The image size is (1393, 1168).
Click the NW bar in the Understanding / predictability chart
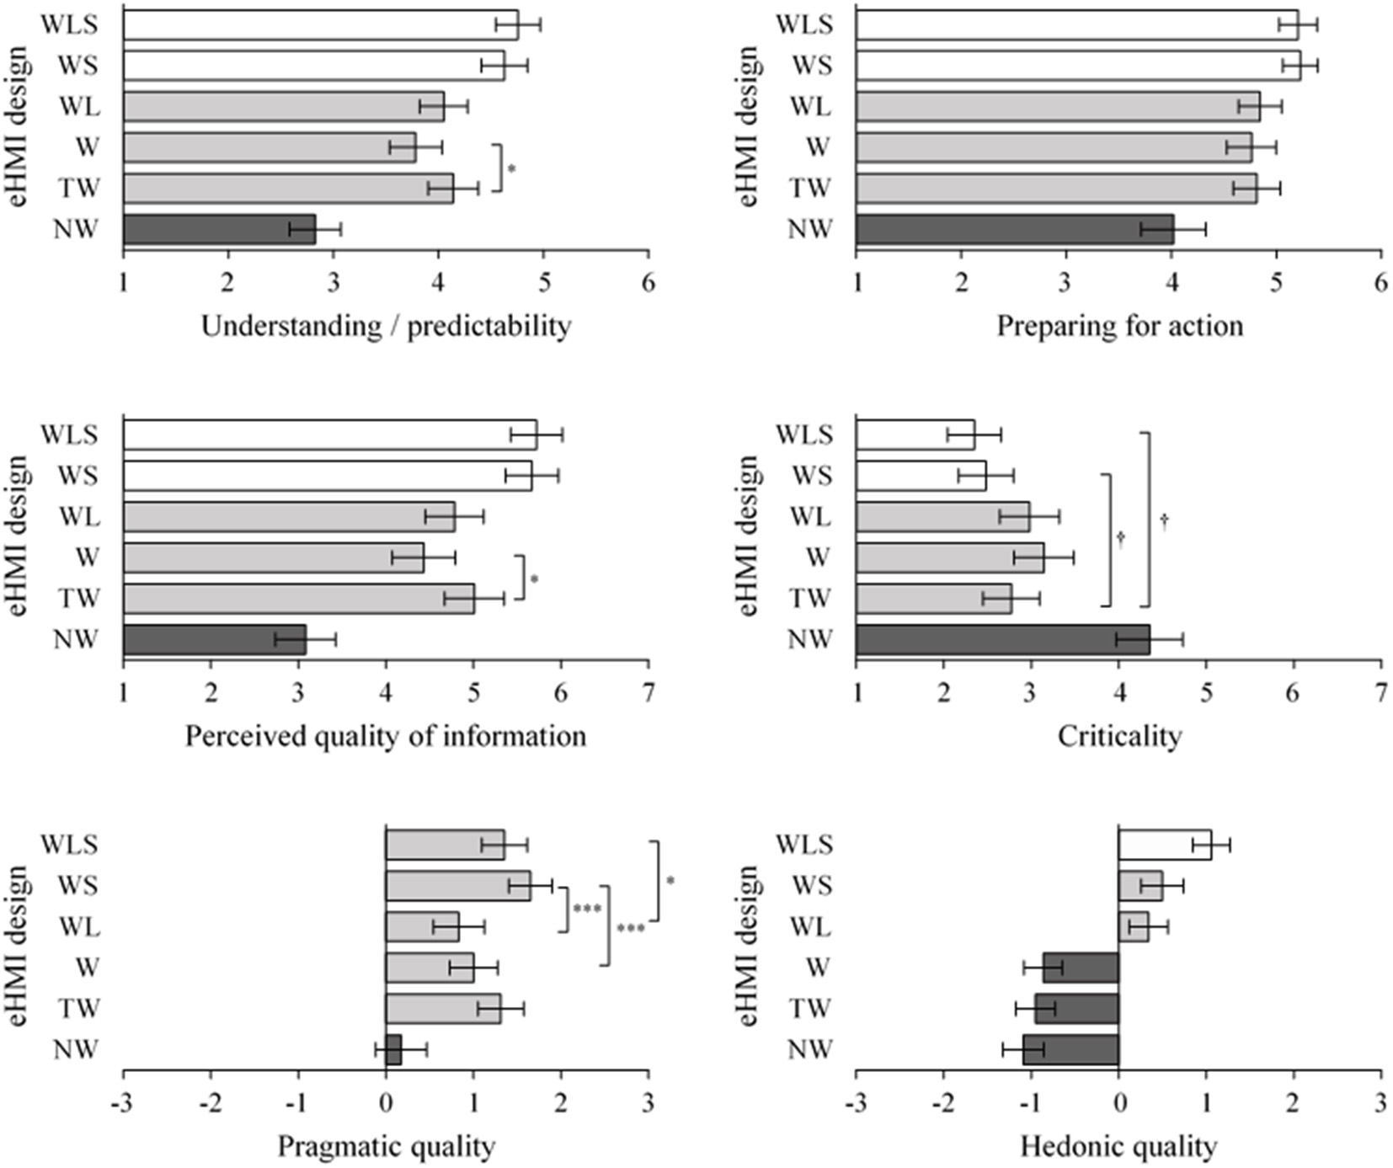pyautogui.click(x=219, y=229)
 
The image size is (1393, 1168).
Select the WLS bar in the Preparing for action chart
pyautogui.click(x=1076, y=24)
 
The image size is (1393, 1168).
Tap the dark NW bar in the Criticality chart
pyautogui.click(x=1002, y=639)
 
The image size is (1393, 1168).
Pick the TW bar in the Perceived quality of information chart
pyautogui.click(x=298, y=599)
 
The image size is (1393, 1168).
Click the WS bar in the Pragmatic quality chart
pyautogui.click(x=457, y=886)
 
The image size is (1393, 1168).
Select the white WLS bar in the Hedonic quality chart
pyautogui.click(x=1165, y=845)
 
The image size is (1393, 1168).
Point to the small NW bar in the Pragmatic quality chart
pyautogui.click(x=394, y=1050)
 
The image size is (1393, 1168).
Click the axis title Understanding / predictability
pyautogui.click(x=386, y=326)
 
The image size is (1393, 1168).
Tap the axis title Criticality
pyautogui.click(x=1119, y=736)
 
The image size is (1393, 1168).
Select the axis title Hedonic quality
pyautogui.click(x=1118, y=1146)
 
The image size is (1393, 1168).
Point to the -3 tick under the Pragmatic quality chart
pyautogui.click(x=123, y=1103)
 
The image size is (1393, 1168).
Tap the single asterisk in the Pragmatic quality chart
pyautogui.click(x=670, y=882)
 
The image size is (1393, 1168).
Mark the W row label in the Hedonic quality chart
pyautogui.click(x=817, y=968)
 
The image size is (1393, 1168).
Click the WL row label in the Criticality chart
pyautogui.click(x=810, y=516)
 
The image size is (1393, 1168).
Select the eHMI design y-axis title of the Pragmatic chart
pyautogui.click(x=19, y=947)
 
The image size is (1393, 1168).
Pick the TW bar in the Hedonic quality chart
pyautogui.click(x=1077, y=1009)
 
